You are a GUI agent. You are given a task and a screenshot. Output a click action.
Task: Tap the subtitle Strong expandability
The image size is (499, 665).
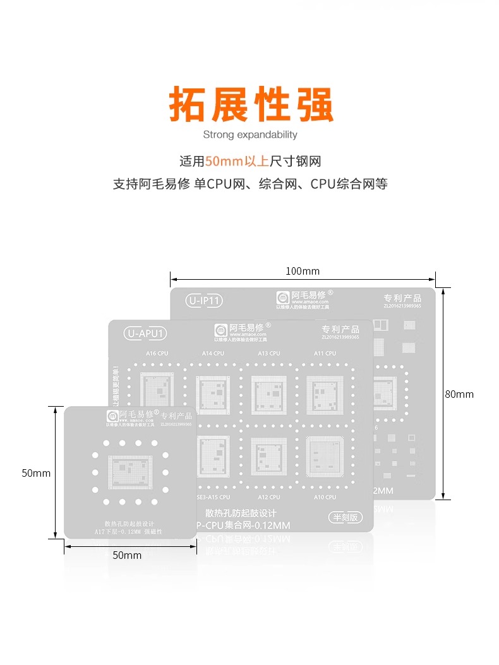click(x=250, y=135)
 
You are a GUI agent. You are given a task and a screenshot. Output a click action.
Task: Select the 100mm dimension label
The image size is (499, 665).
click(x=303, y=272)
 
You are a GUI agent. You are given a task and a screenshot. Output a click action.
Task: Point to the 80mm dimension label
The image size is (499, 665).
click(x=459, y=394)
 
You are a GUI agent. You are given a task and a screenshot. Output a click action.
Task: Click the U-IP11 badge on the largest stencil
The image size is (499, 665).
click(x=204, y=301)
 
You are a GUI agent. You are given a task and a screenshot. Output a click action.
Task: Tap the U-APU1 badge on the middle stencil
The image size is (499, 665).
click(x=146, y=333)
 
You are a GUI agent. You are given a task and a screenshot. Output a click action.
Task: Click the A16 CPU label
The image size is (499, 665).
click(x=157, y=354)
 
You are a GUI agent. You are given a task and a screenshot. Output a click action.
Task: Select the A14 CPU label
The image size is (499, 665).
click(x=213, y=354)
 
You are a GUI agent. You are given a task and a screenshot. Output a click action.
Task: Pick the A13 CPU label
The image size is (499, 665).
click(x=269, y=354)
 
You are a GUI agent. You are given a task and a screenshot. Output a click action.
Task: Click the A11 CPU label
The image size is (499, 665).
click(x=325, y=354)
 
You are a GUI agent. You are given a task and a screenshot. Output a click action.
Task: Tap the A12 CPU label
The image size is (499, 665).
click(x=269, y=497)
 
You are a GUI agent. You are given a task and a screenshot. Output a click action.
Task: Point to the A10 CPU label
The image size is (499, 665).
click(x=325, y=497)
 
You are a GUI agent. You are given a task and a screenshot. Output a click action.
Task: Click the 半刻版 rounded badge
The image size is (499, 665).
click(x=346, y=517)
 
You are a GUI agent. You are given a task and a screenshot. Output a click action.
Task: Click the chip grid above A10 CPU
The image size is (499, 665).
click(x=325, y=456)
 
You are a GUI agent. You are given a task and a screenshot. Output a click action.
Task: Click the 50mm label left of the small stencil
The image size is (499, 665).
click(x=36, y=473)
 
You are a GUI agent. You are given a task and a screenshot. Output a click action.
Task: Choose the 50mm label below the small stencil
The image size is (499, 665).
click(x=127, y=556)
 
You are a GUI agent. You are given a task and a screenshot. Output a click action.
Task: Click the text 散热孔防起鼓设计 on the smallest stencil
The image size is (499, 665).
click(x=129, y=524)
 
